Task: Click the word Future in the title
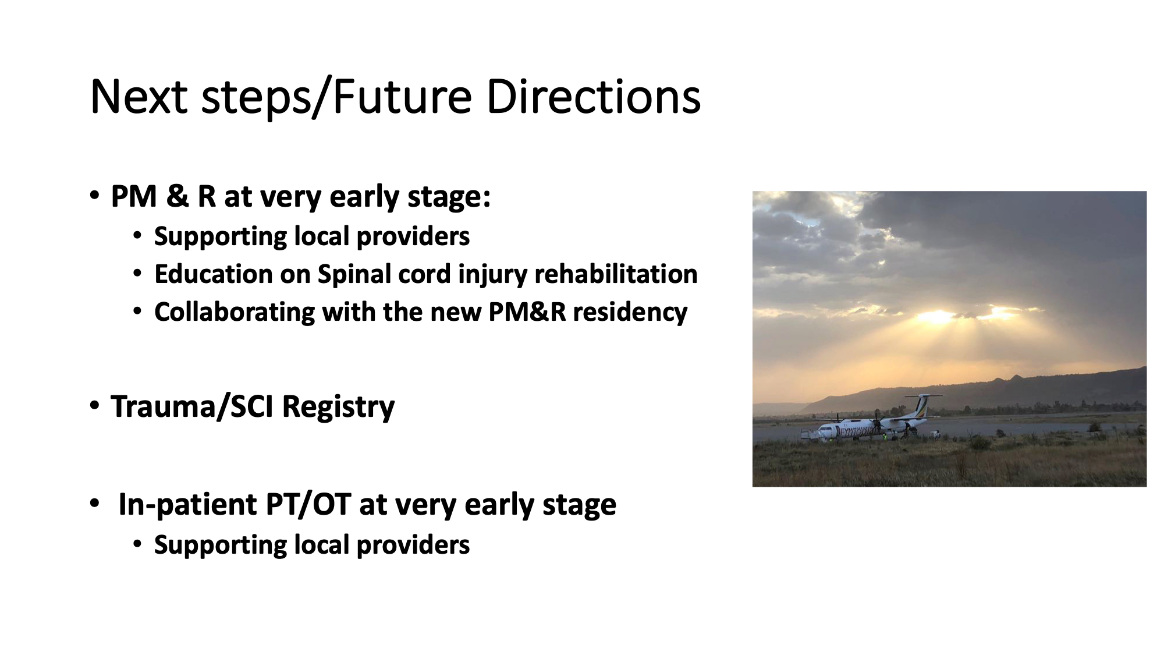point(402,97)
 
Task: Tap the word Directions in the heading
point(593,97)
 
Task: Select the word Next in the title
point(139,97)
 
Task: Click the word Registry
point(338,407)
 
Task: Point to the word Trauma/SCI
point(192,406)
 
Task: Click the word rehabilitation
point(616,274)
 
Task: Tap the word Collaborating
point(234,313)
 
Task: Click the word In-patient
point(187,505)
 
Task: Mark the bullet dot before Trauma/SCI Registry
point(94,406)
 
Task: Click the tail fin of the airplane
point(922,405)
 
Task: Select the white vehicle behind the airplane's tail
point(934,434)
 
